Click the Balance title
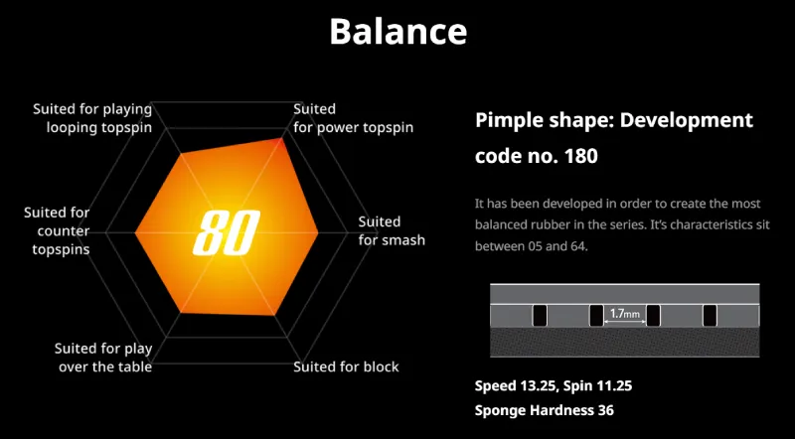pos(397,31)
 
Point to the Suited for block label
pos(346,366)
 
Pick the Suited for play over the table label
pos(102,358)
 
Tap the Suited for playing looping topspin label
pos(92,117)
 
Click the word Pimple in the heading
pos(508,121)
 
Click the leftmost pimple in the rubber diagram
pos(540,315)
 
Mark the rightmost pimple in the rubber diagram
pos(710,315)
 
